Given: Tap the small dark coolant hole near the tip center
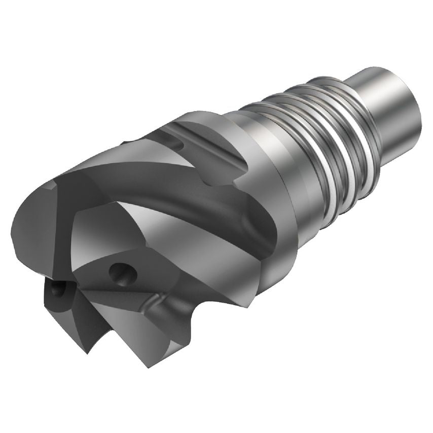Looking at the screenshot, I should [x=58, y=290].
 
